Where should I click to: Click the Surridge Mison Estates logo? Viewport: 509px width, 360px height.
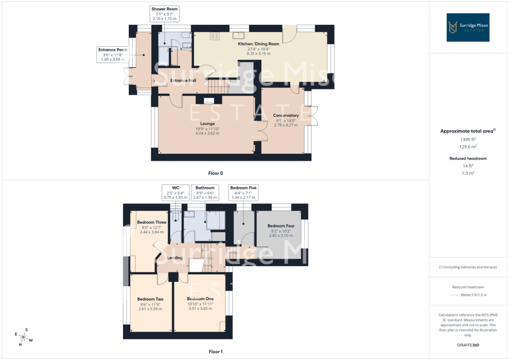[468, 27]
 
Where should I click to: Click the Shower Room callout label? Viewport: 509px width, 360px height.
[165, 13]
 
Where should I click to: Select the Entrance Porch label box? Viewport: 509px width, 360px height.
[113, 54]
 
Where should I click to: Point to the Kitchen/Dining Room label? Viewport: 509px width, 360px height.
[258, 44]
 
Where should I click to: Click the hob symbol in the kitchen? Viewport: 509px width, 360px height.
[215, 36]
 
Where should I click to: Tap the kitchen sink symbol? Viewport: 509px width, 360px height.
[238, 35]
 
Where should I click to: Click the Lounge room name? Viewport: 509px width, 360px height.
[207, 124]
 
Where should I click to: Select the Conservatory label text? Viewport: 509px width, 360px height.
[286, 115]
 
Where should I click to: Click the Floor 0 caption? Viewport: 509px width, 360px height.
[216, 173]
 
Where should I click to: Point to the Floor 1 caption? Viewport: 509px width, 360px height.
[216, 351]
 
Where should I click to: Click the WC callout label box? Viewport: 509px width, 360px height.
[176, 193]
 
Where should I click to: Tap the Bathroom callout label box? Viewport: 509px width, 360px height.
[205, 193]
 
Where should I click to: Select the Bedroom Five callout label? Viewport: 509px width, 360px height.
[243, 193]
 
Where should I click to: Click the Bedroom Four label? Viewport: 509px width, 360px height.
[281, 226]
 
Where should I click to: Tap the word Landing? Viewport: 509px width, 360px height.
[175, 258]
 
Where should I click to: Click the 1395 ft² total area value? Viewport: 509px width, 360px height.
[468, 139]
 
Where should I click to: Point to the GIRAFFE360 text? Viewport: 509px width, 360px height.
[468, 345]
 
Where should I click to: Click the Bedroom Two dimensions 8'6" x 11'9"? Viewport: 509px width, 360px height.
[150, 305]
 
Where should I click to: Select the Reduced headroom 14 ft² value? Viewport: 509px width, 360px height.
[468, 166]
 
